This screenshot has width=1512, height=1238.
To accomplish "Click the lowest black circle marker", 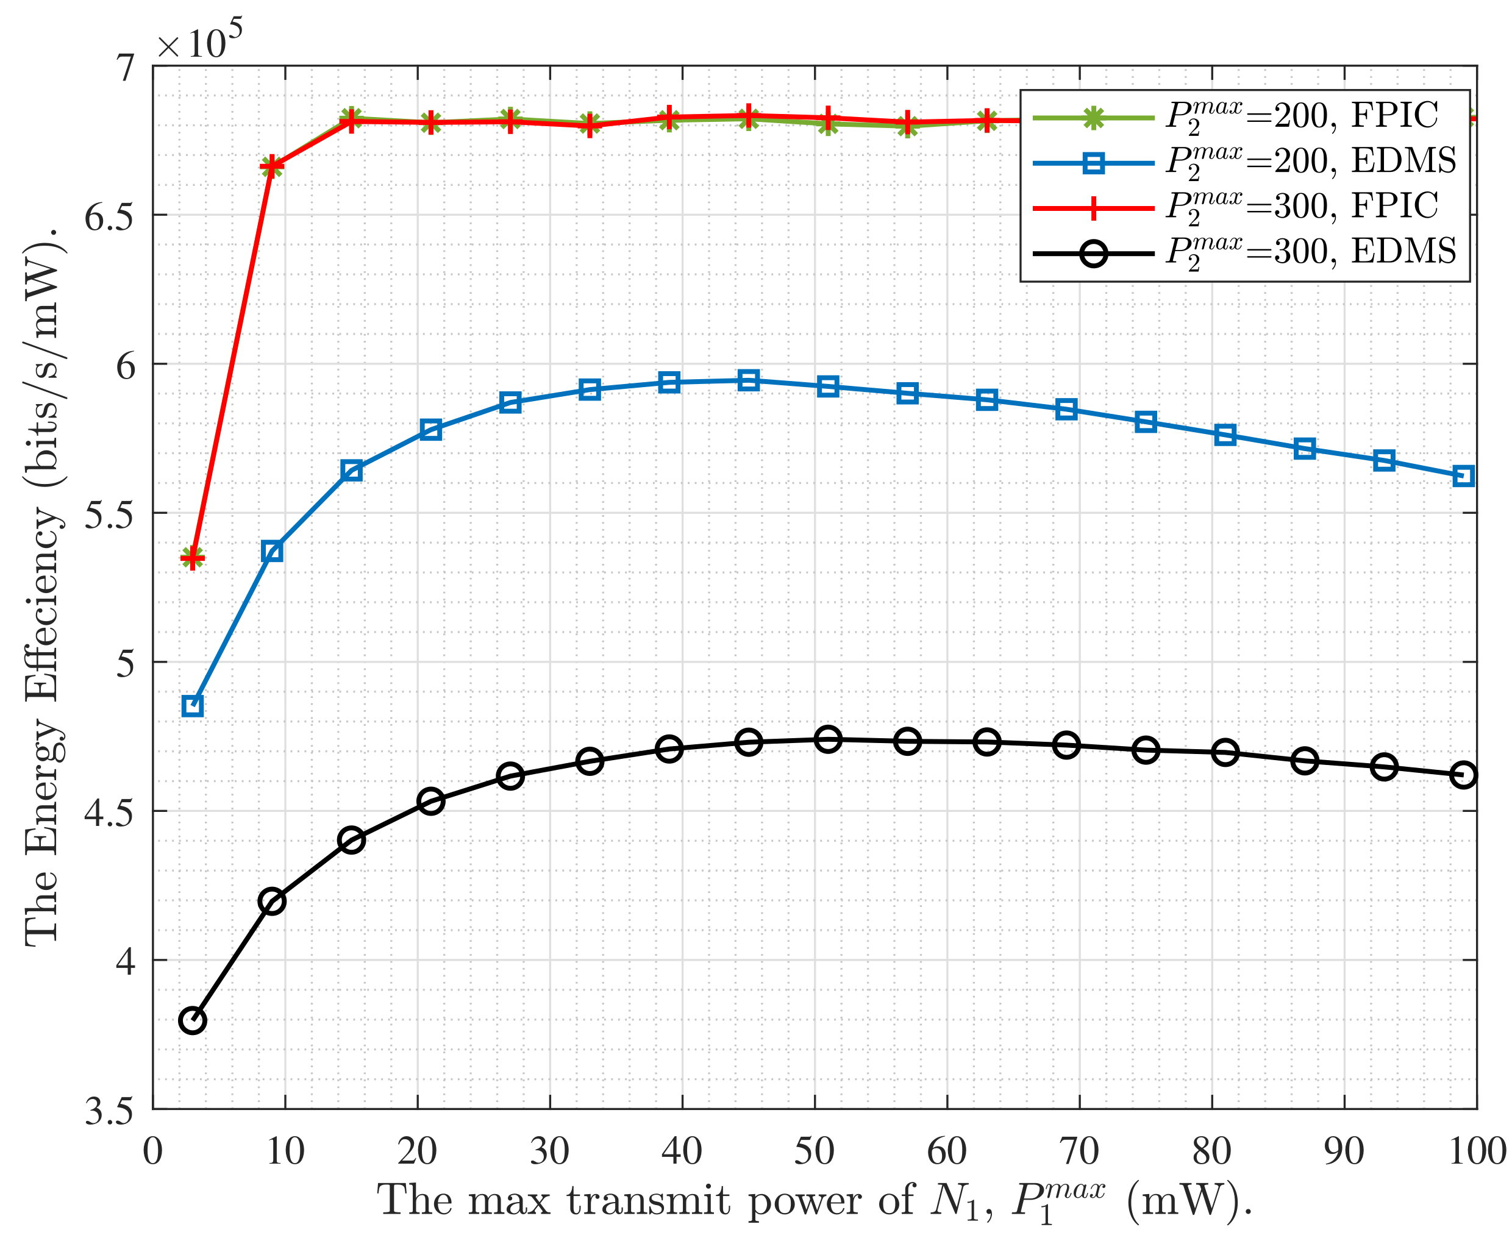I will coord(193,1020).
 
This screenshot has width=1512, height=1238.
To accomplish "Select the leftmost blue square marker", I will coord(193,706).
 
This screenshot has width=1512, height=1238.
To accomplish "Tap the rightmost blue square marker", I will coord(1463,475).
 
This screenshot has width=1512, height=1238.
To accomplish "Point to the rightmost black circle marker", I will coord(1463,775).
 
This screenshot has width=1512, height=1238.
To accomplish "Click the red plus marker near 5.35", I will coord(193,558).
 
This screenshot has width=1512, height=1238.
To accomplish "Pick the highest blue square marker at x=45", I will coord(748,380).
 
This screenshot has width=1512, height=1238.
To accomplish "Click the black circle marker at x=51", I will coord(827,739).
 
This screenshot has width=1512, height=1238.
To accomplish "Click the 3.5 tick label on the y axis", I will coord(109,1111).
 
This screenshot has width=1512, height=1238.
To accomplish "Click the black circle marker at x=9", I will coord(272,902).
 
